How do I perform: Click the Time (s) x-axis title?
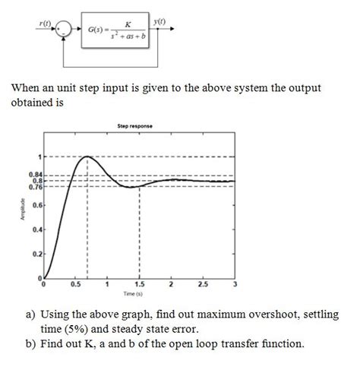pyautogui.click(x=138, y=293)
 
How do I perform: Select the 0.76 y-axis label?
pyautogui.click(x=33, y=186)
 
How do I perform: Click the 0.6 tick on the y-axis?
pyautogui.click(x=35, y=205)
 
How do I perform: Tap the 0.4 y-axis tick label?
pyautogui.click(x=35, y=229)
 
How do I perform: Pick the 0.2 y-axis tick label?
pyautogui.click(x=35, y=253)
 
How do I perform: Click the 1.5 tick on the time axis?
pyautogui.click(x=139, y=284)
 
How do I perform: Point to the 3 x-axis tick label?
pyautogui.click(x=235, y=284)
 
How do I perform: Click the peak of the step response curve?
pyautogui.click(x=88, y=157)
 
